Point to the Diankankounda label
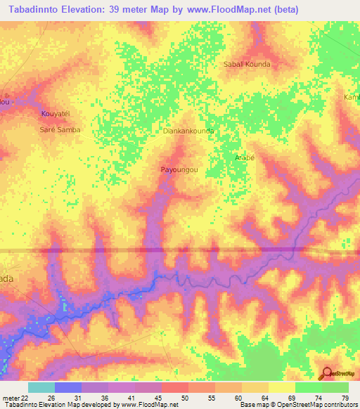tap(188, 131)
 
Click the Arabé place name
tap(243, 157)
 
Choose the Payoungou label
tap(179, 170)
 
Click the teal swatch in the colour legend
tap(41, 387)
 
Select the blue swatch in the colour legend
tap(68, 387)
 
